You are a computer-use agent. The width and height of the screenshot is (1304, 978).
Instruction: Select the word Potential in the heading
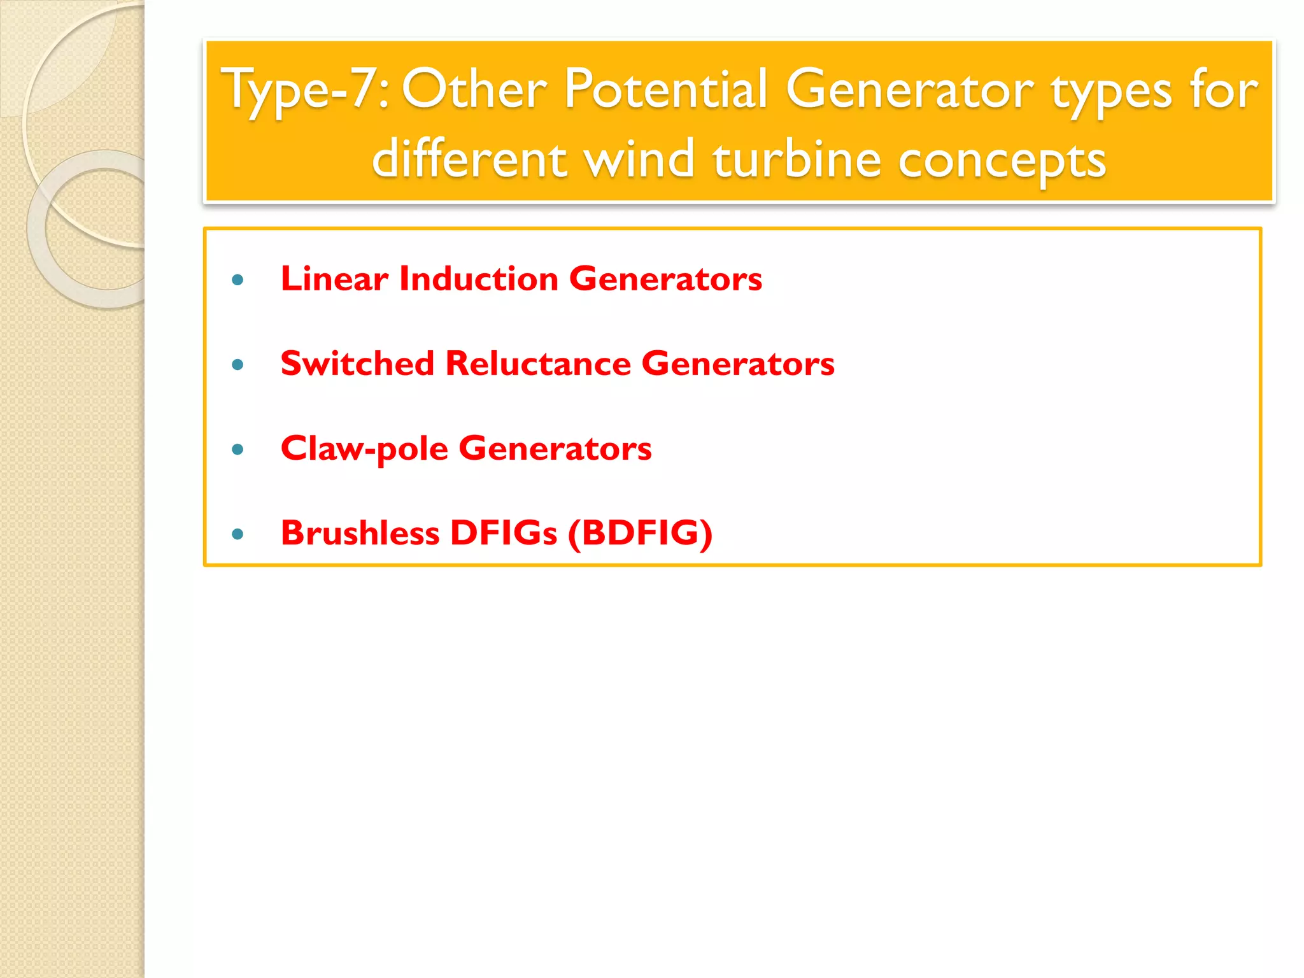(x=665, y=89)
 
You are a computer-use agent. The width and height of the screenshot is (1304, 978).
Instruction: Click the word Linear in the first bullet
(x=334, y=279)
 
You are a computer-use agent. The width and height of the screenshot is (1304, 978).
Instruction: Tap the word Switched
(x=357, y=364)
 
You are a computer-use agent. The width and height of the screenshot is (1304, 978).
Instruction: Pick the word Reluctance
(x=538, y=364)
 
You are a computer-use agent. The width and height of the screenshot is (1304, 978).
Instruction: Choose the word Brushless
(x=360, y=533)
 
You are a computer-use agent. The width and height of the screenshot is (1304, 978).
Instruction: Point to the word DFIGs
(x=504, y=533)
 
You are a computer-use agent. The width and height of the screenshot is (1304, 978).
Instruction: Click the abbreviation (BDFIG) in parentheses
(x=640, y=533)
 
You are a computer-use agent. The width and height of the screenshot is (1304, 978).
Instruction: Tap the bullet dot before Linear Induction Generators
(x=238, y=280)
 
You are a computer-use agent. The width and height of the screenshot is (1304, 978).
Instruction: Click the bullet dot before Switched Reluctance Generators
(x=238, y=365)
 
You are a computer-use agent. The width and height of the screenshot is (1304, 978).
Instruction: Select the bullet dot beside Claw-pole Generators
(x=238, y=450)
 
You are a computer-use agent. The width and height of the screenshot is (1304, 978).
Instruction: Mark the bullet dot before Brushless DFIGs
(x=238, y=534)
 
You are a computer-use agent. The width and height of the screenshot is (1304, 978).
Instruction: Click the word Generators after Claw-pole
(x=555, y=449)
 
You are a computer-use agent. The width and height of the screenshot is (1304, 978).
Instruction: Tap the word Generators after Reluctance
(x=738, y=364)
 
